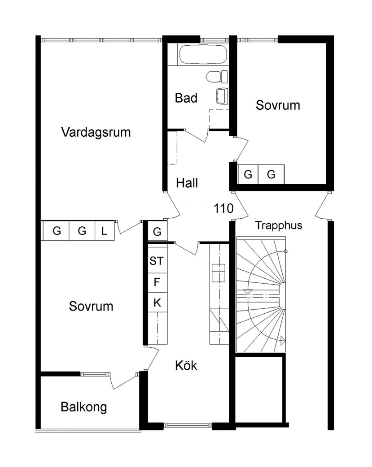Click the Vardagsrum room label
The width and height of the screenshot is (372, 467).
(96, 132)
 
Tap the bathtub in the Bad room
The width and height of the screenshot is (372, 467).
(203, 55)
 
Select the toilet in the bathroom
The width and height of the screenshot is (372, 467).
(217, 77)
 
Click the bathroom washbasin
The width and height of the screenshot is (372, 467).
(222, 96)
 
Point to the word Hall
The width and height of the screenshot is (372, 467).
(187, 183)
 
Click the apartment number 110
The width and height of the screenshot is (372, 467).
(223, 208)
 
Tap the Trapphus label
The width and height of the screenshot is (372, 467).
(279, 225)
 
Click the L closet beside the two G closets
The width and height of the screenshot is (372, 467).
(105, 230)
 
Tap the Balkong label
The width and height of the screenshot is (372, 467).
(83, 407)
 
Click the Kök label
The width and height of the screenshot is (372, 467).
(186, 365)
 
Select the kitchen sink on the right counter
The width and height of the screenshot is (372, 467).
(219, 273)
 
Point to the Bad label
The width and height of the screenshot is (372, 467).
(186, 98)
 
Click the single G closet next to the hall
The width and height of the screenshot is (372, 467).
(158, 231)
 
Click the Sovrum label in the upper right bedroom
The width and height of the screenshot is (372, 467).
(278, 105)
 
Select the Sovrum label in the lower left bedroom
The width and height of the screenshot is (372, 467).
(91, 306)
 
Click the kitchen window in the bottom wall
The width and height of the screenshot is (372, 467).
(188, 426)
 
